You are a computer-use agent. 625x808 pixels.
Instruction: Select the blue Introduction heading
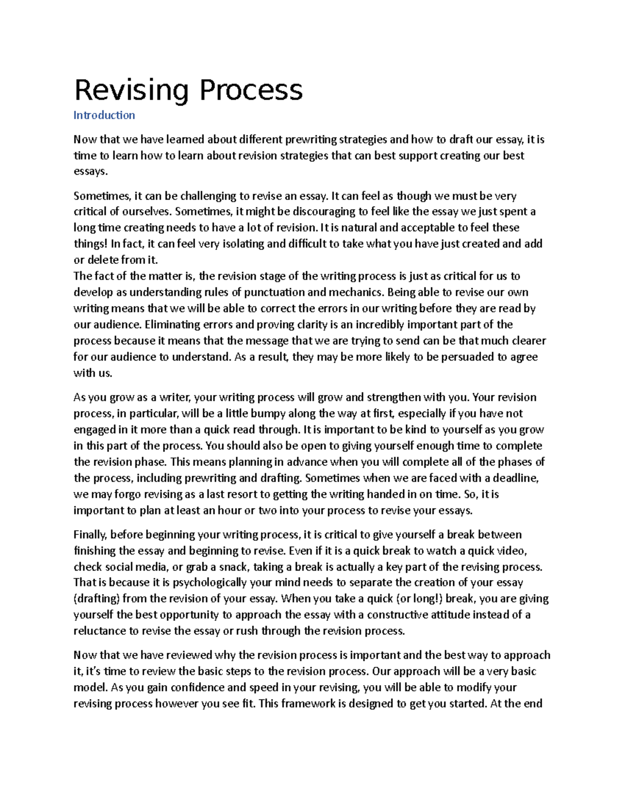click(104, 115)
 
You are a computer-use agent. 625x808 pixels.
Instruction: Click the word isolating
click(239, 243)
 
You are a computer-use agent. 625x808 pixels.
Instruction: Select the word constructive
click(399, 614)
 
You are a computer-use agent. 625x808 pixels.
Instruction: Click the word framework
click(302, 703)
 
